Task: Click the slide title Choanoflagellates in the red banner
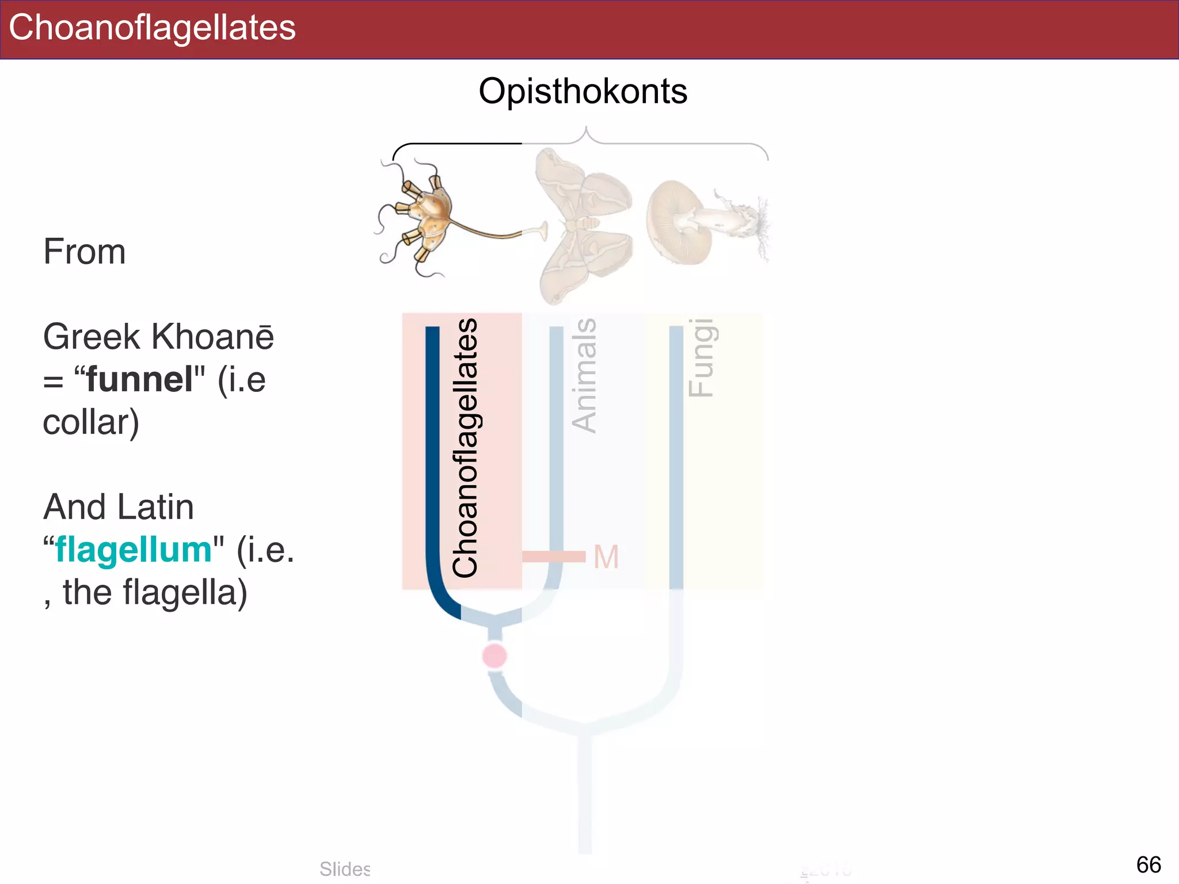pos(152,28)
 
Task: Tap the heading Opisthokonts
pos(583,91)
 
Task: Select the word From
pos(85,252)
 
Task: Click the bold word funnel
pos(139,379)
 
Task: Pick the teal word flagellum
pos(134,550)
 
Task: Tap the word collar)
pos(91,422)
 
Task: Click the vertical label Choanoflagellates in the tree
pos(465,448)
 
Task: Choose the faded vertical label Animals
pos(584,375)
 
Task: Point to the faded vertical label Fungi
pos(701,357)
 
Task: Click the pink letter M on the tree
pos(606,557)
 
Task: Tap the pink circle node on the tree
pos(495,656)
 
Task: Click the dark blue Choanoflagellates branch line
pos(432,460)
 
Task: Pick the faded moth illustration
pos(584,224)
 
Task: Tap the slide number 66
pos(1148,864)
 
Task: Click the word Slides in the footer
pos(345,868)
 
